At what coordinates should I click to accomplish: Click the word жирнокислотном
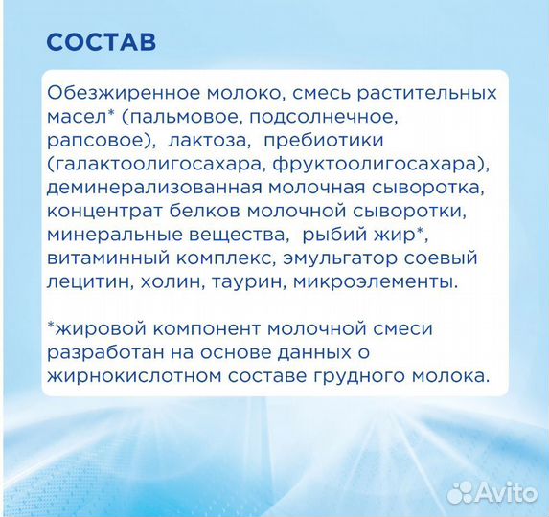click(x=129, y=375)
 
